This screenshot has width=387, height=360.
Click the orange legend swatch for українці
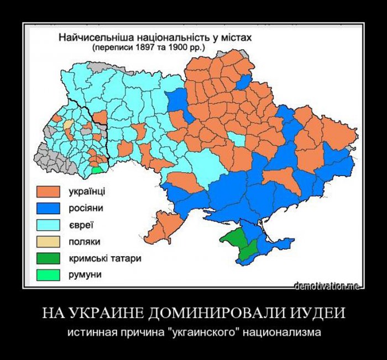pyautogui.click(x=48, y=192)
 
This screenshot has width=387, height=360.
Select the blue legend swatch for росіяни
pyautogui.click(x=48, y=208)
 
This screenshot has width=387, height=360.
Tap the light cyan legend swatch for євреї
pyautogui.click(x=48, y=225)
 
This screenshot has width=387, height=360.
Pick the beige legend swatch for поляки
pyautogui.click(x=48, y=241)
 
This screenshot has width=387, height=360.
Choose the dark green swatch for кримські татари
pyautogui.click(x=48, y=258)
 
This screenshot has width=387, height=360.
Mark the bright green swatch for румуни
pyautogui.click(x=48, y=274)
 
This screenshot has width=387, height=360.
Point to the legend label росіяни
pyautogui.click(x=85, y=208)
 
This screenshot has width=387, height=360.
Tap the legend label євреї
pyautogui.click(x=81, y=225)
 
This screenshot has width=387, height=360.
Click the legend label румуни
pyautogui.click(x=85, y=274)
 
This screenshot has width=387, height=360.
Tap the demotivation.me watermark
pyautogui.click(x=327, y=285)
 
